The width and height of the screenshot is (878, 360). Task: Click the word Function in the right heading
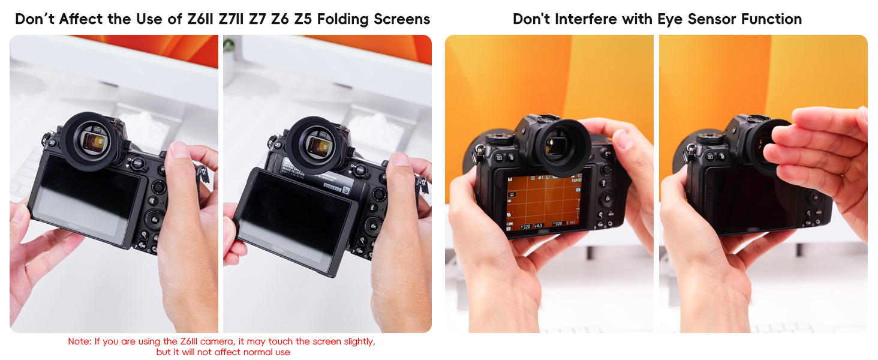pyautogui.click(x=771, y=19)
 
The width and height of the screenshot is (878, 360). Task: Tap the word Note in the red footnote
pyautogui.click(x=79, y=341)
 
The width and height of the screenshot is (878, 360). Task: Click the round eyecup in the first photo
pyautogui.click(x=90, y=141)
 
